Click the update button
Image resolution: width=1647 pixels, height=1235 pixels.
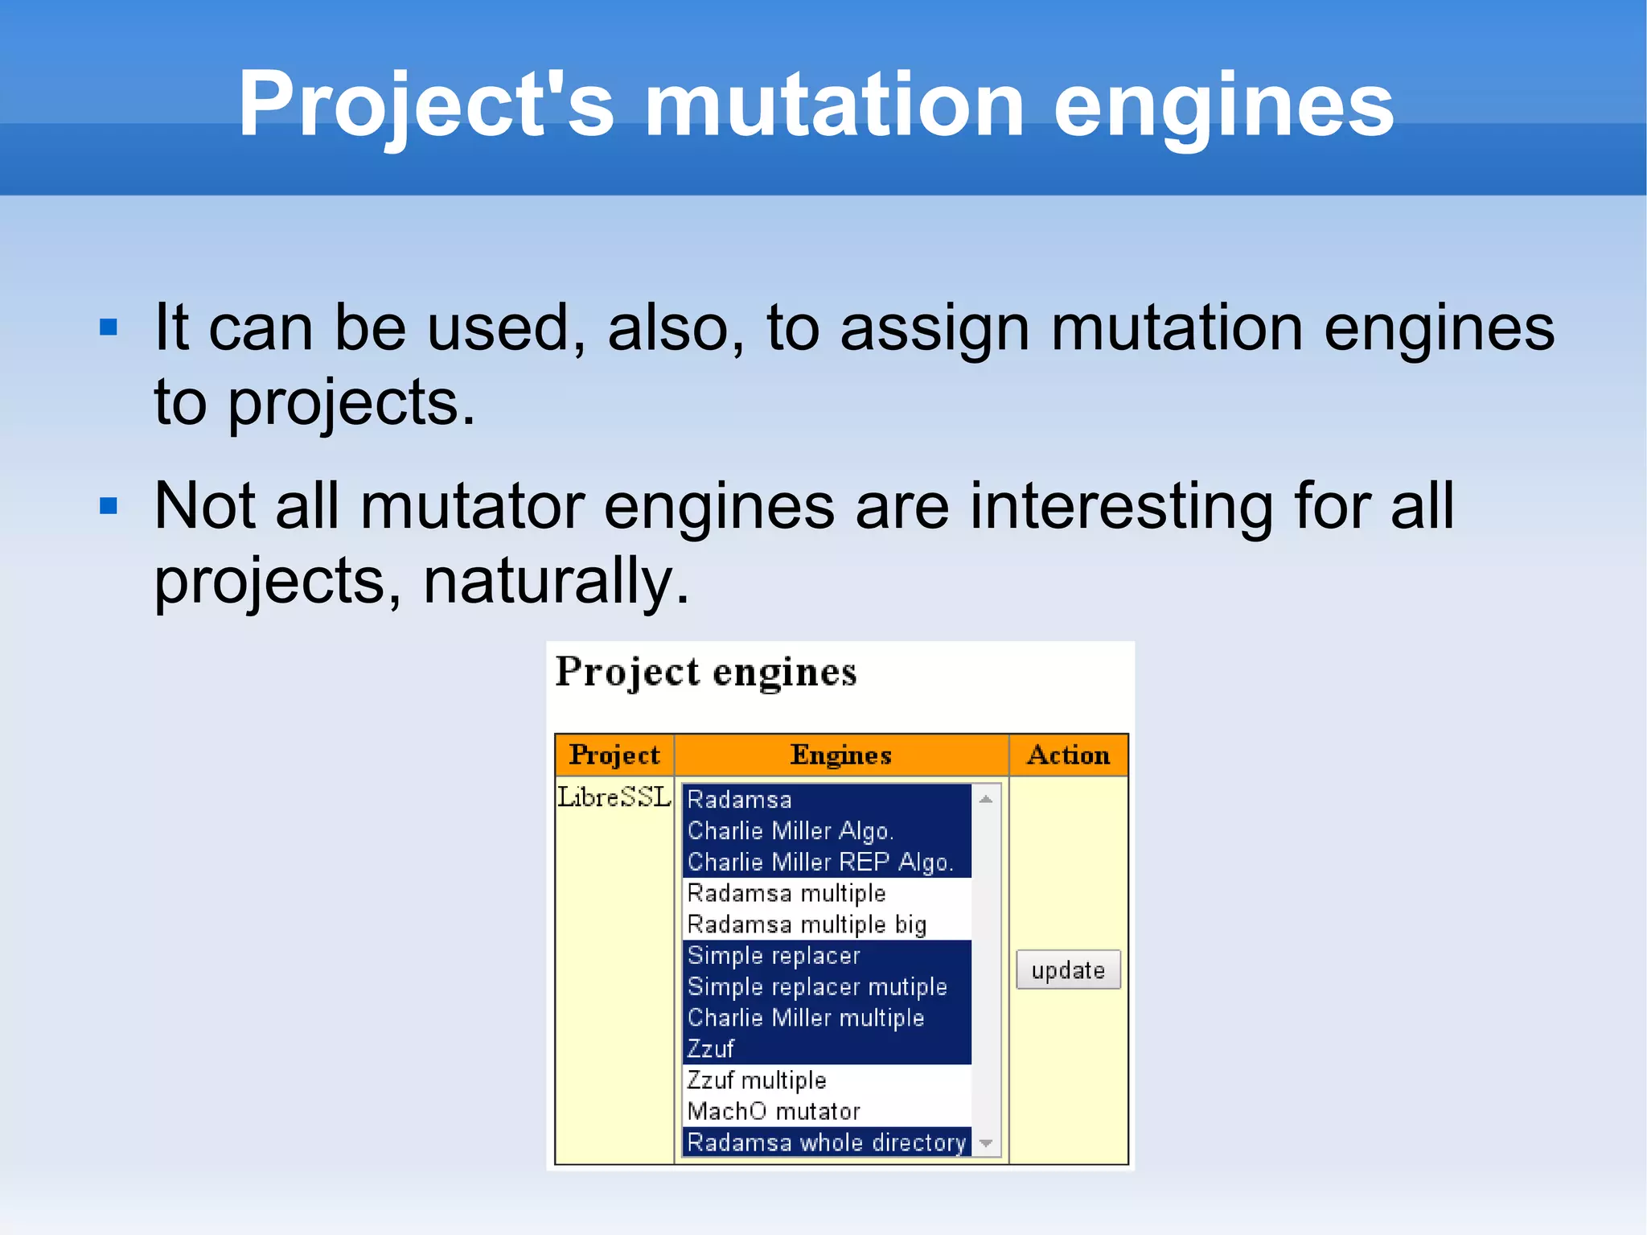(x=1067, y=969)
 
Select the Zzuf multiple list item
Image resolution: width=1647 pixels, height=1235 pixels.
(x=756, y=1080)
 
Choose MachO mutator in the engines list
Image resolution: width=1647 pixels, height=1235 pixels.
(x=773, y=1111)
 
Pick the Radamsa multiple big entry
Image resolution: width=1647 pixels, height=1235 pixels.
(x=807, y=924)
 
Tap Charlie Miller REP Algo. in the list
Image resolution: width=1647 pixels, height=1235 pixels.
(x=819, y=862)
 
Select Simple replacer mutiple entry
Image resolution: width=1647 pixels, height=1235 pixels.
(x=816, y=986)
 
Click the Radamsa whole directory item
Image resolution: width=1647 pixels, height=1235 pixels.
(x=826, y=1142)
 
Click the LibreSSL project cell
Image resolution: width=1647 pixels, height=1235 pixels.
(x=614, y=797)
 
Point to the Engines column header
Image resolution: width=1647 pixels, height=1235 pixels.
(x=840, y=755)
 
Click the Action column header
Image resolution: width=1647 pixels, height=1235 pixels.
(x=1068, y=755)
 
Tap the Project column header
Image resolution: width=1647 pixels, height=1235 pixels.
(x=614, y=755)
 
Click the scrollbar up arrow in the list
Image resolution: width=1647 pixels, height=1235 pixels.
(x=986, y=799)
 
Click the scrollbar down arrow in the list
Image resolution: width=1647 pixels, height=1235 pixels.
(x=986, y=1143)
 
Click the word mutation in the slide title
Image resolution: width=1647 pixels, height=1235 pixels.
(x=834, y=105)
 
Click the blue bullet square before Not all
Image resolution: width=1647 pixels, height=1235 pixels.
(x=109, y=506)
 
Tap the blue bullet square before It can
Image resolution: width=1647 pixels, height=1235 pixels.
(x=109, y=327)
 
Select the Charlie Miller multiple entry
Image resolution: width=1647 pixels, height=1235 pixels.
(x=805, y=1018)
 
